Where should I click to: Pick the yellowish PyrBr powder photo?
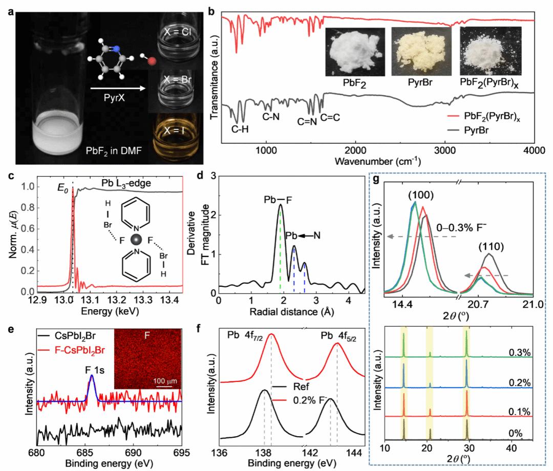416,52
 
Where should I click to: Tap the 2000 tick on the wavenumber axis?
355,149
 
